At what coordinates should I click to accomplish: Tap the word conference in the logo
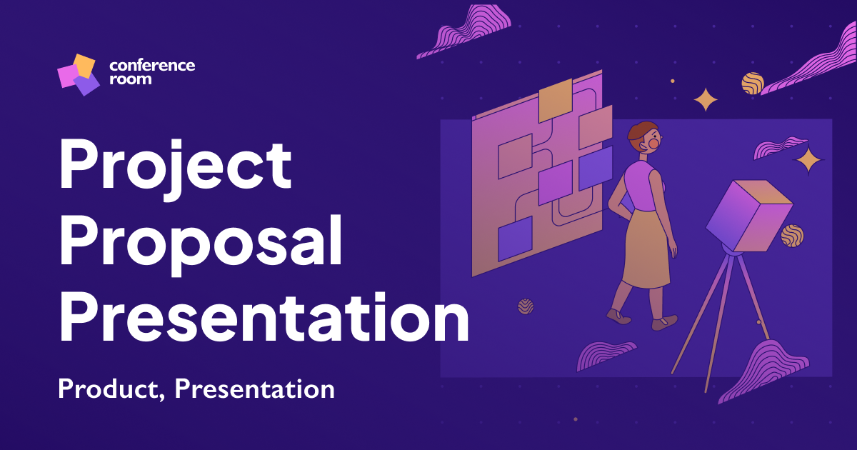tap(152, 65)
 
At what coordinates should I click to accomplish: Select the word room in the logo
tap(130, 79)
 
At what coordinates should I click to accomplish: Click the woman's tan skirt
tap(647, 250)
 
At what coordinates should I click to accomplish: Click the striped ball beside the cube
tap(791, 235)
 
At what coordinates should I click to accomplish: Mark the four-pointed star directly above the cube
tap(810, 161)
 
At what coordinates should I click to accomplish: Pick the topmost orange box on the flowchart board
tap(555, 100)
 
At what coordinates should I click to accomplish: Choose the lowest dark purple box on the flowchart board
tap(515, 239)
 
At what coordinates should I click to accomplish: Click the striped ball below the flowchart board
tap(526, 306)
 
